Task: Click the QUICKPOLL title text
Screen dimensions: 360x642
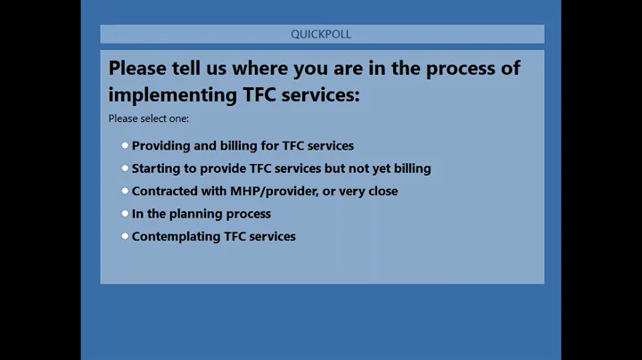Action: click(x=321, y=34)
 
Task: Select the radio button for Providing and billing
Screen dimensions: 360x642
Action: click(x=126, y=145)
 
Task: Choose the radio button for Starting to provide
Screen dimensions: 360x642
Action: click(x=126, y=168)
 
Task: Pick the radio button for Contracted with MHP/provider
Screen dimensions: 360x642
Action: click(x=126, y=191)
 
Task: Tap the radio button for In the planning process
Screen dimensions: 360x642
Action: click(x=126, y=213)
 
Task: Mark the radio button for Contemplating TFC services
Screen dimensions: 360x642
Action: click(x=126, y=236)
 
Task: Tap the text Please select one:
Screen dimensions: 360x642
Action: click(x=149, y=119)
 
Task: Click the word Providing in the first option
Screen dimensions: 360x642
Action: click(x=160, y=145)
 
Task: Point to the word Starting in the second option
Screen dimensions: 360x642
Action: click(x=156, y=168)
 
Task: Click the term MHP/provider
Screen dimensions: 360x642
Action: click(x=273, y=191)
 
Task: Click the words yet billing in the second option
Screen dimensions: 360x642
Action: click(x=403, y=168)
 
